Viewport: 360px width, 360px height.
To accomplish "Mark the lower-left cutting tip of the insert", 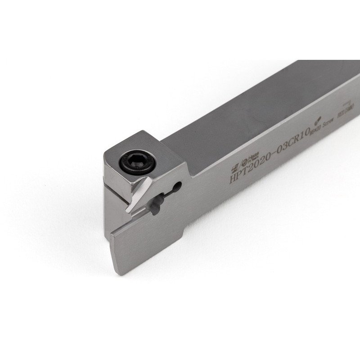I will coord(128,211).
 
